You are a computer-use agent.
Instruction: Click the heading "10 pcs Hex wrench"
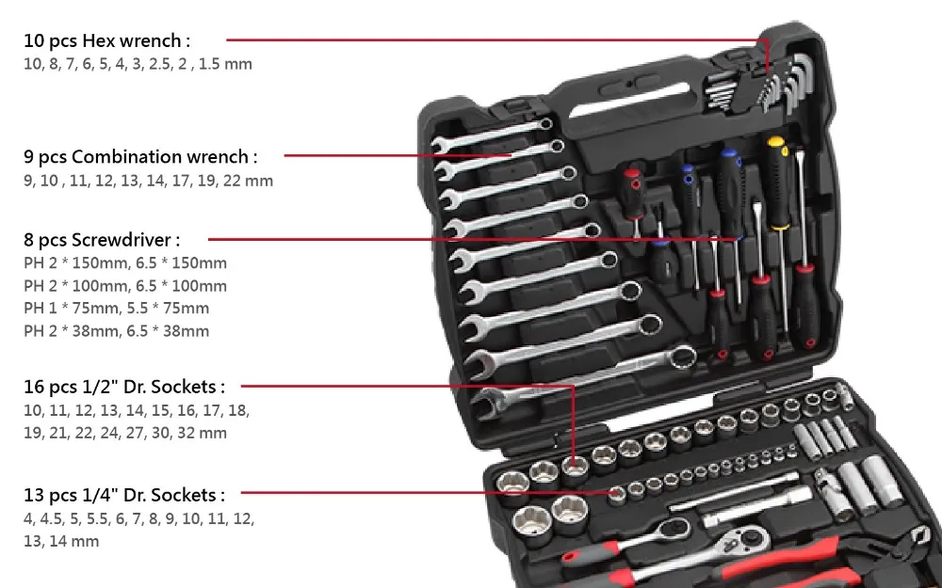click(107, 40)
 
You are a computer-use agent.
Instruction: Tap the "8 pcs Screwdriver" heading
click(102, 240)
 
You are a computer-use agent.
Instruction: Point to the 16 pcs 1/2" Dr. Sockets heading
click(124, 386)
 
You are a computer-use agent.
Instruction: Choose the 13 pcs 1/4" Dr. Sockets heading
click(124, 495)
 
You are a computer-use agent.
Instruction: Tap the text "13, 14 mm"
click(61, 541)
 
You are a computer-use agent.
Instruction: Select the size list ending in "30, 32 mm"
click(125, 433)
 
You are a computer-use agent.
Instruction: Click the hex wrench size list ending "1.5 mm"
click(138, 64)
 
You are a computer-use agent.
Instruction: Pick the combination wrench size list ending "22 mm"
click(148, 180)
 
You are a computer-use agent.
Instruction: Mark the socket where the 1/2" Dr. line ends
click(575, 463)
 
